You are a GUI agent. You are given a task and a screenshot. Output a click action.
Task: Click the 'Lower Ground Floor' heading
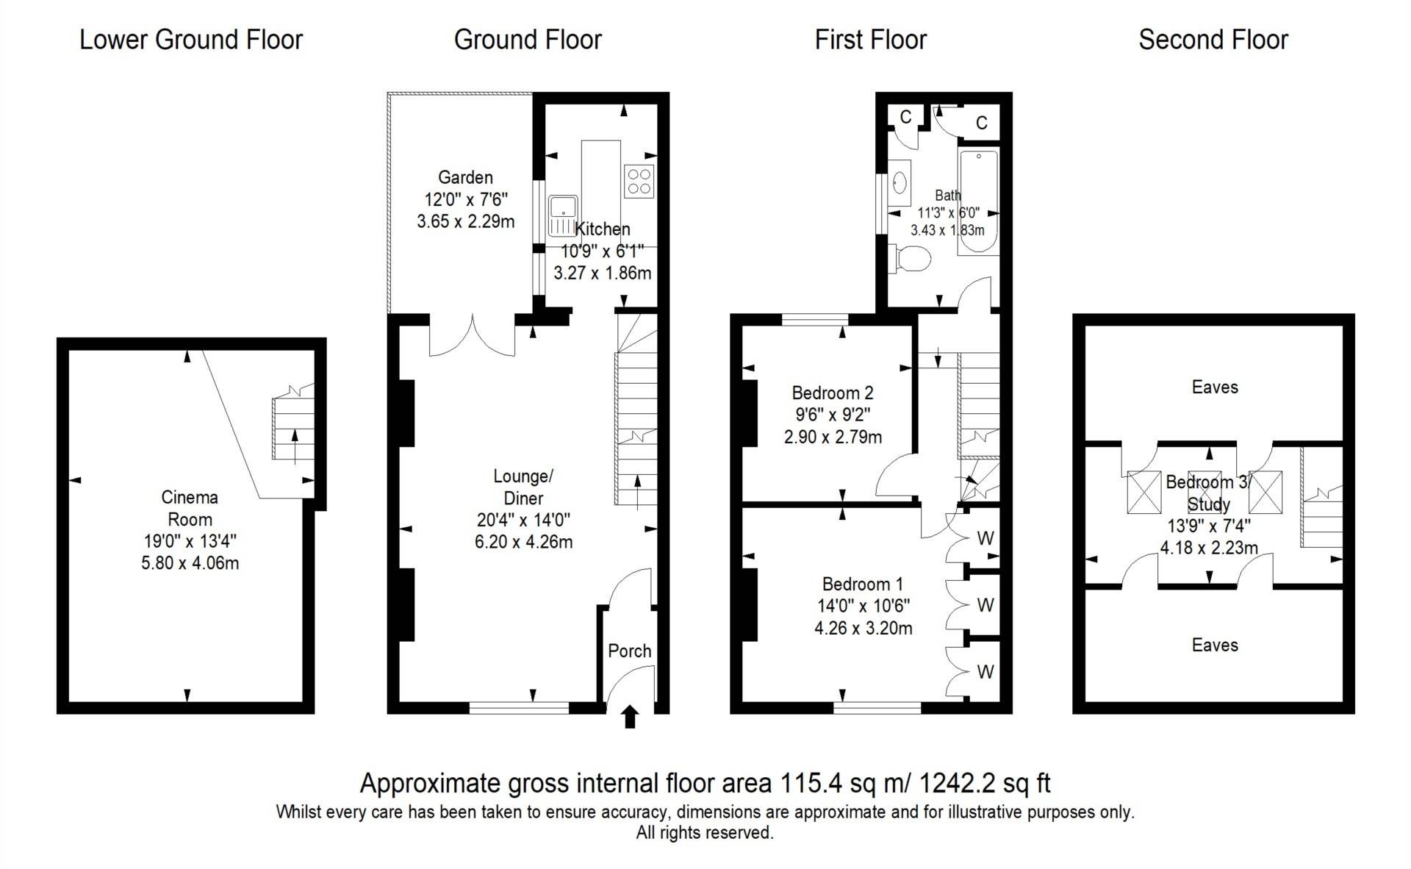point(191,40)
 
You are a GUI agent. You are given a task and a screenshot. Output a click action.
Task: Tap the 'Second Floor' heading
point(1213,40)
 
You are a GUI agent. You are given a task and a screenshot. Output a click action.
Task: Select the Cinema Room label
point(190,508)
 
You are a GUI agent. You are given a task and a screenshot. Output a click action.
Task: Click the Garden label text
point(465,177)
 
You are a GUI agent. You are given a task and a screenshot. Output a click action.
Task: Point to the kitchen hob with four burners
point(639,182)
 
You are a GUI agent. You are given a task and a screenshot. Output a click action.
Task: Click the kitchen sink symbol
point(563,215)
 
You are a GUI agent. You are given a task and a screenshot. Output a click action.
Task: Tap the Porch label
point(630,651)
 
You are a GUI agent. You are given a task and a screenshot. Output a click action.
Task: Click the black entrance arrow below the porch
point(630,717)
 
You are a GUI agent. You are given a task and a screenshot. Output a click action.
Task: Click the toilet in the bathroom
point(912,259)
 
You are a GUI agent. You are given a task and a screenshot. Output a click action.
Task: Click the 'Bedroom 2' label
point(833,393)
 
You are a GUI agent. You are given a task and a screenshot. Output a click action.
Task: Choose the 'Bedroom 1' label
point(863,584)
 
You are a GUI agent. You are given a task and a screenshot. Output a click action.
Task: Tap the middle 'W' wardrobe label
point(985,605)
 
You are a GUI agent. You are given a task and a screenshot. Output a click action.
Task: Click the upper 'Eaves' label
point(1215,387)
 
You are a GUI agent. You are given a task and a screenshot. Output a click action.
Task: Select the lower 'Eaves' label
point(1215,645)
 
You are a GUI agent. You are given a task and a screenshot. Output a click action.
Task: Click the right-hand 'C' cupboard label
point(982,123)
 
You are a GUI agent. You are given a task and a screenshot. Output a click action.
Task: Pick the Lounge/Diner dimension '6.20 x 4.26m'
point(524,542)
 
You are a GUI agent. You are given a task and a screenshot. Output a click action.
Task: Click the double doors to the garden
point(472,337)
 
